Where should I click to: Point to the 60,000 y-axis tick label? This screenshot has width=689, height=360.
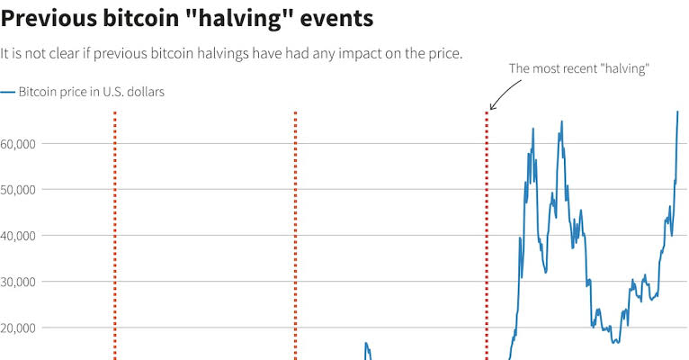(18, 144)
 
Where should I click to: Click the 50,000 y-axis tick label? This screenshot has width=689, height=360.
(18, 190)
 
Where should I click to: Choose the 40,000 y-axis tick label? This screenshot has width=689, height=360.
(18, 236)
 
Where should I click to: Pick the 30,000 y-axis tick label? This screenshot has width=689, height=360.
(18, 282)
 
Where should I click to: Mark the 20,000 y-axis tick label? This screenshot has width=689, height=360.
(18, 328)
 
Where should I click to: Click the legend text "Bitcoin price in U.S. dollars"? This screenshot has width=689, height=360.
(91, 92)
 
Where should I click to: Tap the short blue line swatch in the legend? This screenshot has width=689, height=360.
(7, 92)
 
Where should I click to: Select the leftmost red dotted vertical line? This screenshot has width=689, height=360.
(115, 234)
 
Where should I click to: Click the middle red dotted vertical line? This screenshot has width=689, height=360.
(295, 234)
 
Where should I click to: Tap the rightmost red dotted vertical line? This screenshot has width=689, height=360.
(487, 234)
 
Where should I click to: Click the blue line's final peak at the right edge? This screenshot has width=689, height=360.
(677, 112)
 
